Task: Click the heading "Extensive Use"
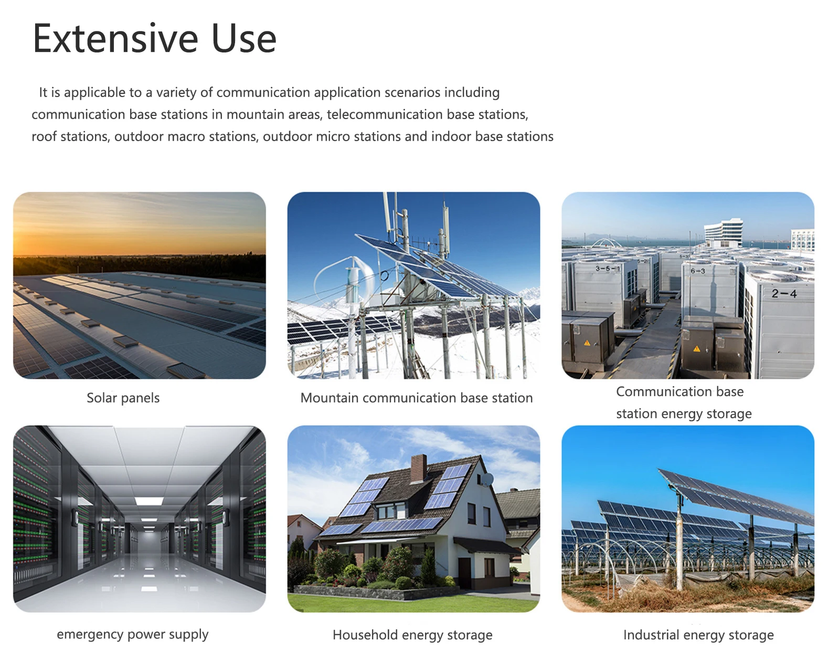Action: tap(154, 38)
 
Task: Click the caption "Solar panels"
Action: tap(123, 398)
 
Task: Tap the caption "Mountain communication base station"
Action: tap(417, 398)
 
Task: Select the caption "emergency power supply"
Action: tap(133, 635)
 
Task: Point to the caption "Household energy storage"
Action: tap(412, 635)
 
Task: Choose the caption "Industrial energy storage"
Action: tap(698, 635)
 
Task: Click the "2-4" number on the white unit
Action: tap(784, 294)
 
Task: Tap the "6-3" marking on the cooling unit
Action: tap(698, 271)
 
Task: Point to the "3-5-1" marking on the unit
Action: tap(608, 268)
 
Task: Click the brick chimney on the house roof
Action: tap(418, 468)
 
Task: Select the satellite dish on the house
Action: tap(487, 479)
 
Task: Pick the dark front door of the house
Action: tap(464, 572)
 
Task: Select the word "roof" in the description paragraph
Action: tap(44, 136)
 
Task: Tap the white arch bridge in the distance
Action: tap(605, 243)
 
